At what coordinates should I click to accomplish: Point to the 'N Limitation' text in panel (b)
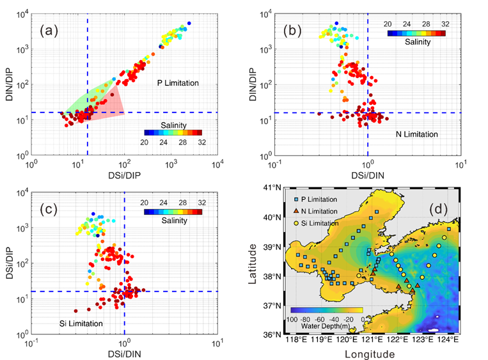point(416,134)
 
